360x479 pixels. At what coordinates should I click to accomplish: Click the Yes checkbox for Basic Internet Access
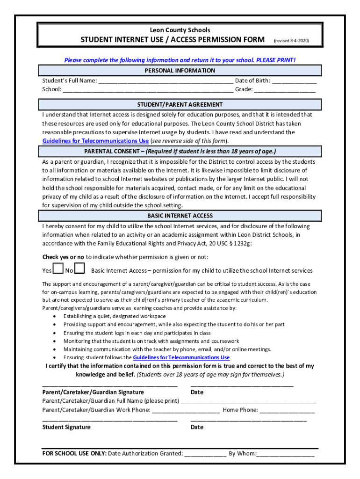click(58, 269)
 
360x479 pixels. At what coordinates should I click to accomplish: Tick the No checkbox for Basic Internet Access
click(80, 269)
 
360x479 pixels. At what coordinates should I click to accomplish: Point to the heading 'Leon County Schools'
click(180, 30)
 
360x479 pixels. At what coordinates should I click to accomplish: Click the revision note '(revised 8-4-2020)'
click(291, 41)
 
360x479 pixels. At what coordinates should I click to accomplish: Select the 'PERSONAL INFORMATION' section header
click(180, 71)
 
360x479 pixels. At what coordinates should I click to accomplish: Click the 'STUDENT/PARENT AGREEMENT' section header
click(180, 104)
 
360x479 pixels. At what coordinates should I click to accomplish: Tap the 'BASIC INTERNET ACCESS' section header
click(180, 216)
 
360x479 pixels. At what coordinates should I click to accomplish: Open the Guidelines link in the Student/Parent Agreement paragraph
click(95, 141)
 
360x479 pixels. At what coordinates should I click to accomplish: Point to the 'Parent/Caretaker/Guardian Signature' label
click(93, 392)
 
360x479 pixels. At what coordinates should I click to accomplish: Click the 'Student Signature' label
click(66, 427)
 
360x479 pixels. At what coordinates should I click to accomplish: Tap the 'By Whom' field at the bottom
click(286, 454)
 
